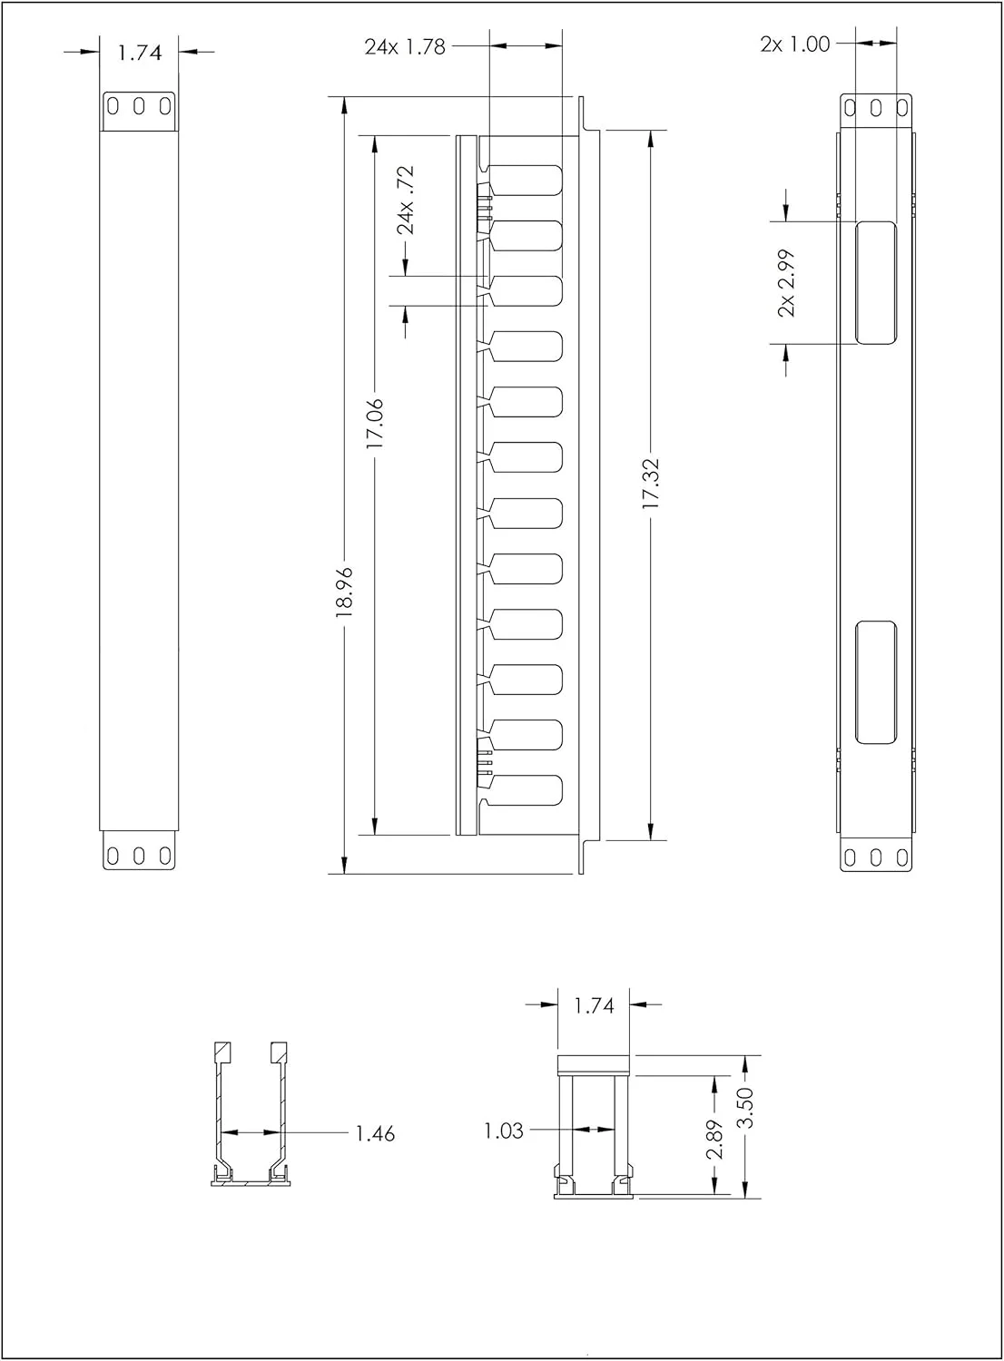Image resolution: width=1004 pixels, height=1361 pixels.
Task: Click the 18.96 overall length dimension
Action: [344, 592]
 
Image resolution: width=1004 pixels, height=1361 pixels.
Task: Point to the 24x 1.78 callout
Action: [405, 46]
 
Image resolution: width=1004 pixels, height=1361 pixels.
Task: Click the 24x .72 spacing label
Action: [406, 200]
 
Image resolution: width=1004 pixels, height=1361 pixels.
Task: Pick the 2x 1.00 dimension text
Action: [795, 44]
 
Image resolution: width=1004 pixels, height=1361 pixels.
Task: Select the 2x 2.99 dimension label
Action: [786, 283]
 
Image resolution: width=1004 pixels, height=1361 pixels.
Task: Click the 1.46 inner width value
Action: [375, 1133]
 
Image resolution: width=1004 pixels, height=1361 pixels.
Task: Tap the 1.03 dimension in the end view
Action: [504, 1131]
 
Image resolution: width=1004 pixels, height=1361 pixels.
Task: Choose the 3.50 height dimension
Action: [745, 1126]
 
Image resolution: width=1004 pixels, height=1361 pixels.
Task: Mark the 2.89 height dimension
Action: [715, 1139]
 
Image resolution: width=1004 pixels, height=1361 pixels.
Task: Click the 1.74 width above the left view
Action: [139, 53]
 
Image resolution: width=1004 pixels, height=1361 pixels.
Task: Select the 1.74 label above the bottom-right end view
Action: [594, 1005]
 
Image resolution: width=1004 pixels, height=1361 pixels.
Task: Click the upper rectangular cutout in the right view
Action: [875, 283]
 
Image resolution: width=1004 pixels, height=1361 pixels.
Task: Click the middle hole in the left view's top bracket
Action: [139, 105]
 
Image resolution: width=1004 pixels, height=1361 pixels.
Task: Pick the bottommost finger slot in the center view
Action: [526, 789]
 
